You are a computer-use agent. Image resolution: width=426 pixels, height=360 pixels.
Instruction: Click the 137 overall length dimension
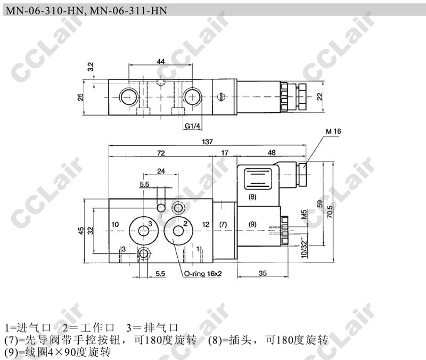coord(207,142)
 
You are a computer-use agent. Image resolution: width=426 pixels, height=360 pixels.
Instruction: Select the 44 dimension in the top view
coord(161,61)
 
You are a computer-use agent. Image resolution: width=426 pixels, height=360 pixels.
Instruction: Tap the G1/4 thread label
coord(192,126)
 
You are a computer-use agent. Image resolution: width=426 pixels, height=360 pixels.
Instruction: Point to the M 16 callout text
coord(333,132)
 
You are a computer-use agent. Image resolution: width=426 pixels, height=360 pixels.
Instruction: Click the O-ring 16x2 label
coord(203,274)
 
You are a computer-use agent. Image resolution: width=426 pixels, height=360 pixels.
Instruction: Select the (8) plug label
coord(252,197)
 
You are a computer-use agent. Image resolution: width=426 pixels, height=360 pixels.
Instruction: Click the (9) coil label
coord(252,224)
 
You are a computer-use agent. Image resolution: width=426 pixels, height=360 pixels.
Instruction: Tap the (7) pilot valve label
coord(223,224)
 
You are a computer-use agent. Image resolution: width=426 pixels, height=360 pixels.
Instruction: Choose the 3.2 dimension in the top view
coord(91,67)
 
